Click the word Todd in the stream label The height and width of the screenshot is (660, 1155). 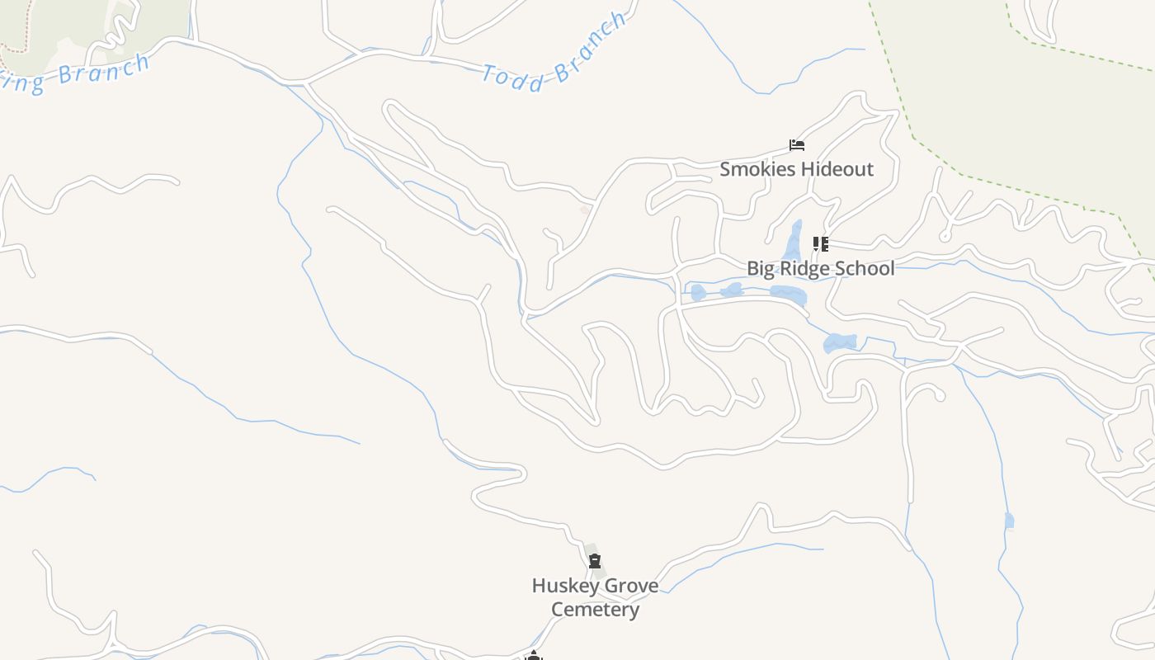[x=513, y=78]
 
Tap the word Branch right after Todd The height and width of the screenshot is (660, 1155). [x=590, y=48]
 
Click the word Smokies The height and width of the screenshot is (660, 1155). [x=754, y=170]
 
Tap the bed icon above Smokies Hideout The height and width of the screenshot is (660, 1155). [x=797, y=145]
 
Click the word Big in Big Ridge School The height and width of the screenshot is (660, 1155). [x=761, y=269]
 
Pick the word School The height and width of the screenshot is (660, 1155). [x=864, y=269]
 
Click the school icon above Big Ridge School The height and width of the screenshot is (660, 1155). [x=820, y=243]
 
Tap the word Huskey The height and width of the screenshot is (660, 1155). [x=563, y=586]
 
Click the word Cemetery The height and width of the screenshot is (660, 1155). [x=595, y=610]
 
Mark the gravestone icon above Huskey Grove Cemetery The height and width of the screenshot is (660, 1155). [x=595, y=562]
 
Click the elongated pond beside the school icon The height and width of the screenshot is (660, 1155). [x=794, y=240]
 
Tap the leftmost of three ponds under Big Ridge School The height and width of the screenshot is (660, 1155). [x=698, y=292]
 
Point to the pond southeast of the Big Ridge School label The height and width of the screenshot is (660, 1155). [x=841, y=342]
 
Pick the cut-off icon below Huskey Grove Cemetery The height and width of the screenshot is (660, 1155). [x=534, y=656]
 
